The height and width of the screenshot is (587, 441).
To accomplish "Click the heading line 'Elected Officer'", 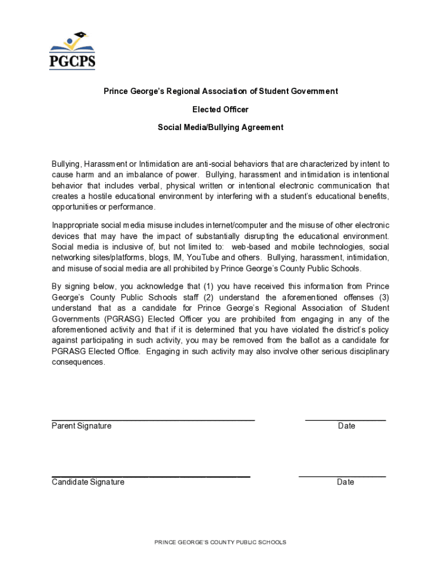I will tap(220, 109).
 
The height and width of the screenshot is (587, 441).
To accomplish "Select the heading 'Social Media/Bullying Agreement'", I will tap(220, 127).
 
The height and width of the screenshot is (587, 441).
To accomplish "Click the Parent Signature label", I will tap(81, 426).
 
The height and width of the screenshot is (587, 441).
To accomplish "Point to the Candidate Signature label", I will tap(88, 482).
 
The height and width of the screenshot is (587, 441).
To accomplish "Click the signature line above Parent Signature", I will tap(153, 420).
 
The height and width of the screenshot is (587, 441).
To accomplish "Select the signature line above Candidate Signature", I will tap(151, 476).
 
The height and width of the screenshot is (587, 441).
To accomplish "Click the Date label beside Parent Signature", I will tap(346, 426).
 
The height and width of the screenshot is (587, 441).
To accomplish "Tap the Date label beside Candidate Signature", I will tap(345, 482).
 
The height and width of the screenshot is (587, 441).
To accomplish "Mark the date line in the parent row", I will tap(345, 420).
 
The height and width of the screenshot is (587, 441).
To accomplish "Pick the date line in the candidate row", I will tap(342, 476).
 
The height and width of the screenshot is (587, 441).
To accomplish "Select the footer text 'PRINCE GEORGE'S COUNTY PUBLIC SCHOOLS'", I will tap(220, 542).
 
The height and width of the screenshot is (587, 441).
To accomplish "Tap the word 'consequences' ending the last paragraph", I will tap(78, 362).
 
